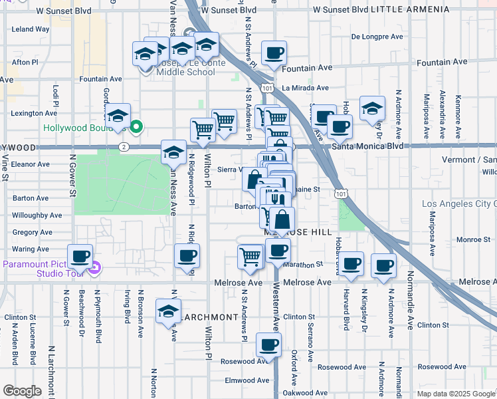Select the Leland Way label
point(31,29)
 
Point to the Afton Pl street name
point(25,62)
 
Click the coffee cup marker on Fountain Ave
point(273,53)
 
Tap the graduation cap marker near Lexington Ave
point(117,116)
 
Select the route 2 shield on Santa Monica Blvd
point(123,146)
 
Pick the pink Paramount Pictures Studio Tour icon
point(94,269)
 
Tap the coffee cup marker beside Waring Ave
point(81,256)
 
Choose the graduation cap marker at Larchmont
point(169,311)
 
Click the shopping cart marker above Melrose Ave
point(250,256)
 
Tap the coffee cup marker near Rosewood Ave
point(268,345)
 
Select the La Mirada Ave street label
point(305,88)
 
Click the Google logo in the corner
point(22,391)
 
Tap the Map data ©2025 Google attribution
point(456,394)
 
